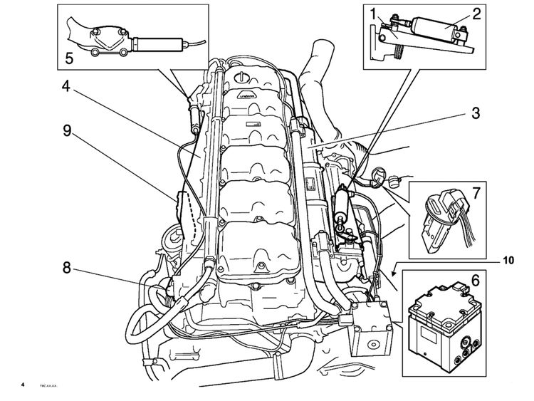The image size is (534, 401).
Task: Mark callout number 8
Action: [x=66, y=268]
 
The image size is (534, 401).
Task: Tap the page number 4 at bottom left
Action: [x=23, y=385]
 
